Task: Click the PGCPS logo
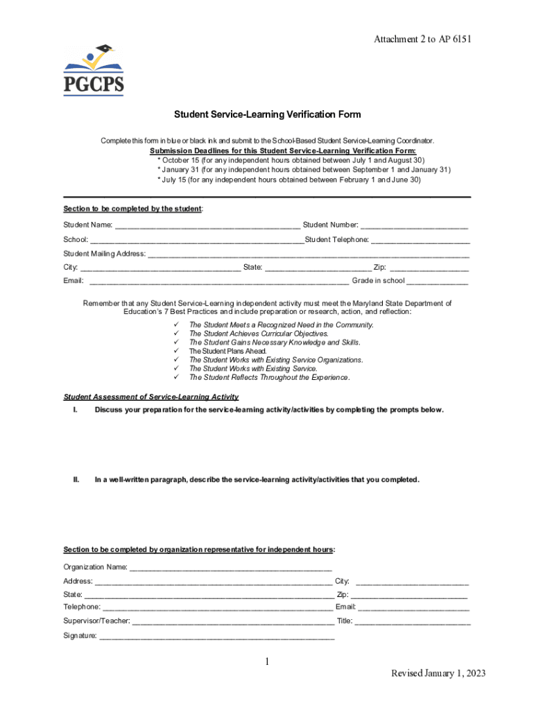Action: coord(94,71)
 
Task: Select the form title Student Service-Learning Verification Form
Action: coord(267,114)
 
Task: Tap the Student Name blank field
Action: coord(207,225)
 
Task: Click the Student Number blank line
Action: coord(414,225)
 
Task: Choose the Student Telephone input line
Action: coord(420,240)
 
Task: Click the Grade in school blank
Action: coord(437,281)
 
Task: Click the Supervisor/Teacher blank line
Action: coord(232,622)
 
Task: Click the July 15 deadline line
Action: coord(288,180)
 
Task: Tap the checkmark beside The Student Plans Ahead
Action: coord(176,352)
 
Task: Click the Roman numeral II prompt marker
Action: coord(76,479)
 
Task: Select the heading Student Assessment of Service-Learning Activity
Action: coord(151,397)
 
